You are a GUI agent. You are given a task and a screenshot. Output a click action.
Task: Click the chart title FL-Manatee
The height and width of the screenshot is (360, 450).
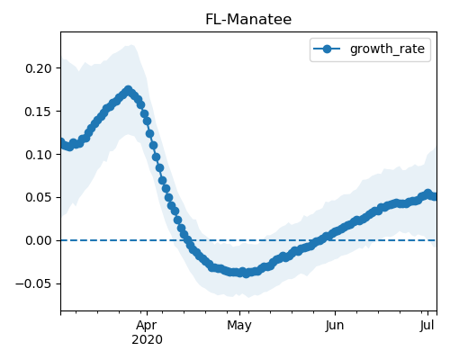point(248,20)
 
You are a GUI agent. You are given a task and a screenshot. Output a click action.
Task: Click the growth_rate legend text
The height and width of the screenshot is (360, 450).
point(387,49)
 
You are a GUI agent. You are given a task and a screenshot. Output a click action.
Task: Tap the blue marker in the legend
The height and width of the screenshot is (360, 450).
point(327,49)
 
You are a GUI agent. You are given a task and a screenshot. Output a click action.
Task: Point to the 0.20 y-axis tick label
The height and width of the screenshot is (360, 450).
point(39,68)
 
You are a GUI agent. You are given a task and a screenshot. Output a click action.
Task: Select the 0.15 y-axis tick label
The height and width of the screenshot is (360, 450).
point(39,112)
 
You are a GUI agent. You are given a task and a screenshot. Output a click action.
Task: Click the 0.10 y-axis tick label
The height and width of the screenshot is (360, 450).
point(39,155)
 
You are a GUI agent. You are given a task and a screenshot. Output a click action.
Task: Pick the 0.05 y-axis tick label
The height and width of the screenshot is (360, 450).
point(39,198)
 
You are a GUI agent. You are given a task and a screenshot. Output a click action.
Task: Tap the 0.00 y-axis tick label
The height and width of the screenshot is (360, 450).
point(39,240)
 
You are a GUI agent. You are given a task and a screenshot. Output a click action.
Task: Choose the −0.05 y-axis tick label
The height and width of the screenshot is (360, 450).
point(34,283)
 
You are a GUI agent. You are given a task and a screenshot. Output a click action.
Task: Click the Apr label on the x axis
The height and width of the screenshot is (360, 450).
point(147,326)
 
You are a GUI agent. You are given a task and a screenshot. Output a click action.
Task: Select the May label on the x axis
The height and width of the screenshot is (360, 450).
point(239,326)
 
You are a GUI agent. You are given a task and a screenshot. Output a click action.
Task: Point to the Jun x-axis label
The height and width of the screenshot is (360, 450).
point(335,325)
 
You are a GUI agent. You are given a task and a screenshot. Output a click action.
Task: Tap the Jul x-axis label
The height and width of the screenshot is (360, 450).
point(427,325)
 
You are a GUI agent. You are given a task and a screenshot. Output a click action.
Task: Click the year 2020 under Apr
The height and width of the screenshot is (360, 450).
point(147,340)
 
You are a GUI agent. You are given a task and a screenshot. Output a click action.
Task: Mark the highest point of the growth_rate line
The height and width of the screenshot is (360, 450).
point(129,90)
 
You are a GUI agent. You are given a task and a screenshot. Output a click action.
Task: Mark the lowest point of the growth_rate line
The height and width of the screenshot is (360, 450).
point(246,274)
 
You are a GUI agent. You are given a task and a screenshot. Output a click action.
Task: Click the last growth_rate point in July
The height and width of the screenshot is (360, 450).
point(434,197)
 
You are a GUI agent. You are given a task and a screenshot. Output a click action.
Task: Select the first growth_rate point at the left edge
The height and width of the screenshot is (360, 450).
point(62,141)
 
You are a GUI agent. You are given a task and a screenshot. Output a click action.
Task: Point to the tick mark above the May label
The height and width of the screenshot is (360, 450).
point(239,313)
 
